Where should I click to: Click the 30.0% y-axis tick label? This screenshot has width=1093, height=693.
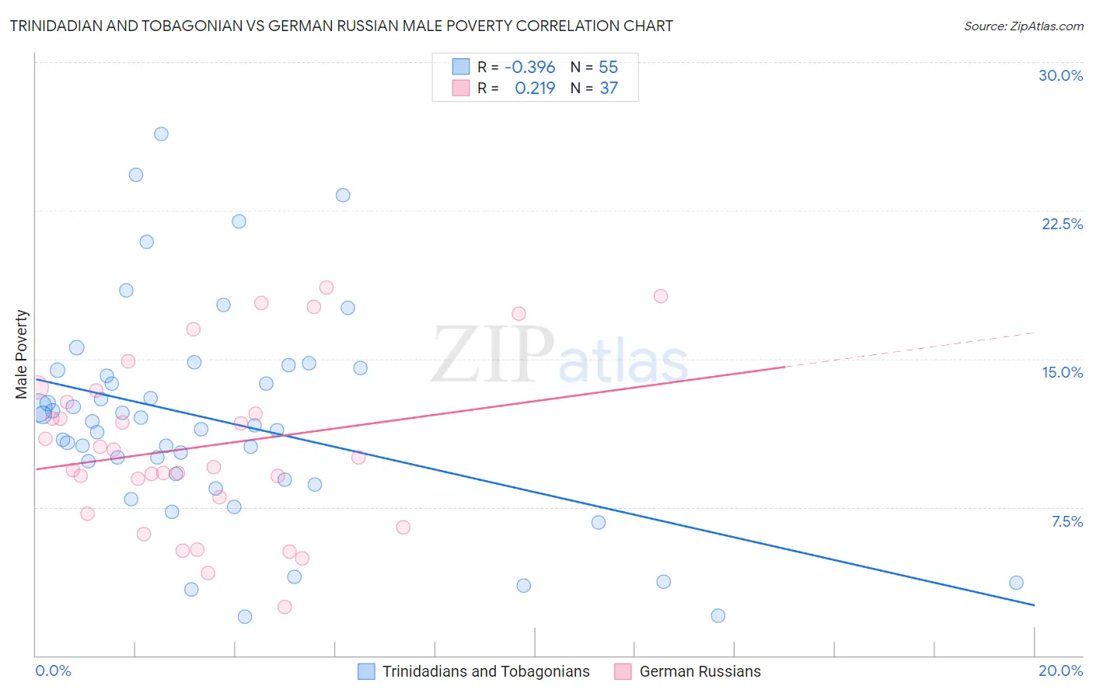1060,75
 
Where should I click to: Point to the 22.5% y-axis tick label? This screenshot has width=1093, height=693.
1062,224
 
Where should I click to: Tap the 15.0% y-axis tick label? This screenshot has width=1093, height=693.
1062,372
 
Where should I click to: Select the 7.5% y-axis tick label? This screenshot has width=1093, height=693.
1067,521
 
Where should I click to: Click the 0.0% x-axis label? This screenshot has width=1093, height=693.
53,670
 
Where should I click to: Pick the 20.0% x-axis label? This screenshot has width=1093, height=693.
1060,670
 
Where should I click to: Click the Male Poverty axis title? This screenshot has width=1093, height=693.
22,354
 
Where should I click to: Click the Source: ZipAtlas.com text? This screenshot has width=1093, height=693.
1023,26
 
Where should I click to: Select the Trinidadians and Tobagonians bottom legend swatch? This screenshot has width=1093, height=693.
366,671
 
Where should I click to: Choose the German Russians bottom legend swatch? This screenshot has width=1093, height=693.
623,671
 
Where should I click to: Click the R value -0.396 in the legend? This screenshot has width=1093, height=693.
529,67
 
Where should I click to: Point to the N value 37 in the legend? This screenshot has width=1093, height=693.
609,88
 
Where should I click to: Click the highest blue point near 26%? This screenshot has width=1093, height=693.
161,134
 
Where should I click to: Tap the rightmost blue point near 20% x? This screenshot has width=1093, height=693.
1016,583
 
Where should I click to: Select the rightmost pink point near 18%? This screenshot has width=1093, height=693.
661,296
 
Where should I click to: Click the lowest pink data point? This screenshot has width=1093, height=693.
285,607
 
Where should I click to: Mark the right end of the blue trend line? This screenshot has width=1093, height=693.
1034,604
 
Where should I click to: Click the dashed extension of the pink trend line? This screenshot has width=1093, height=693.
910,350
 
